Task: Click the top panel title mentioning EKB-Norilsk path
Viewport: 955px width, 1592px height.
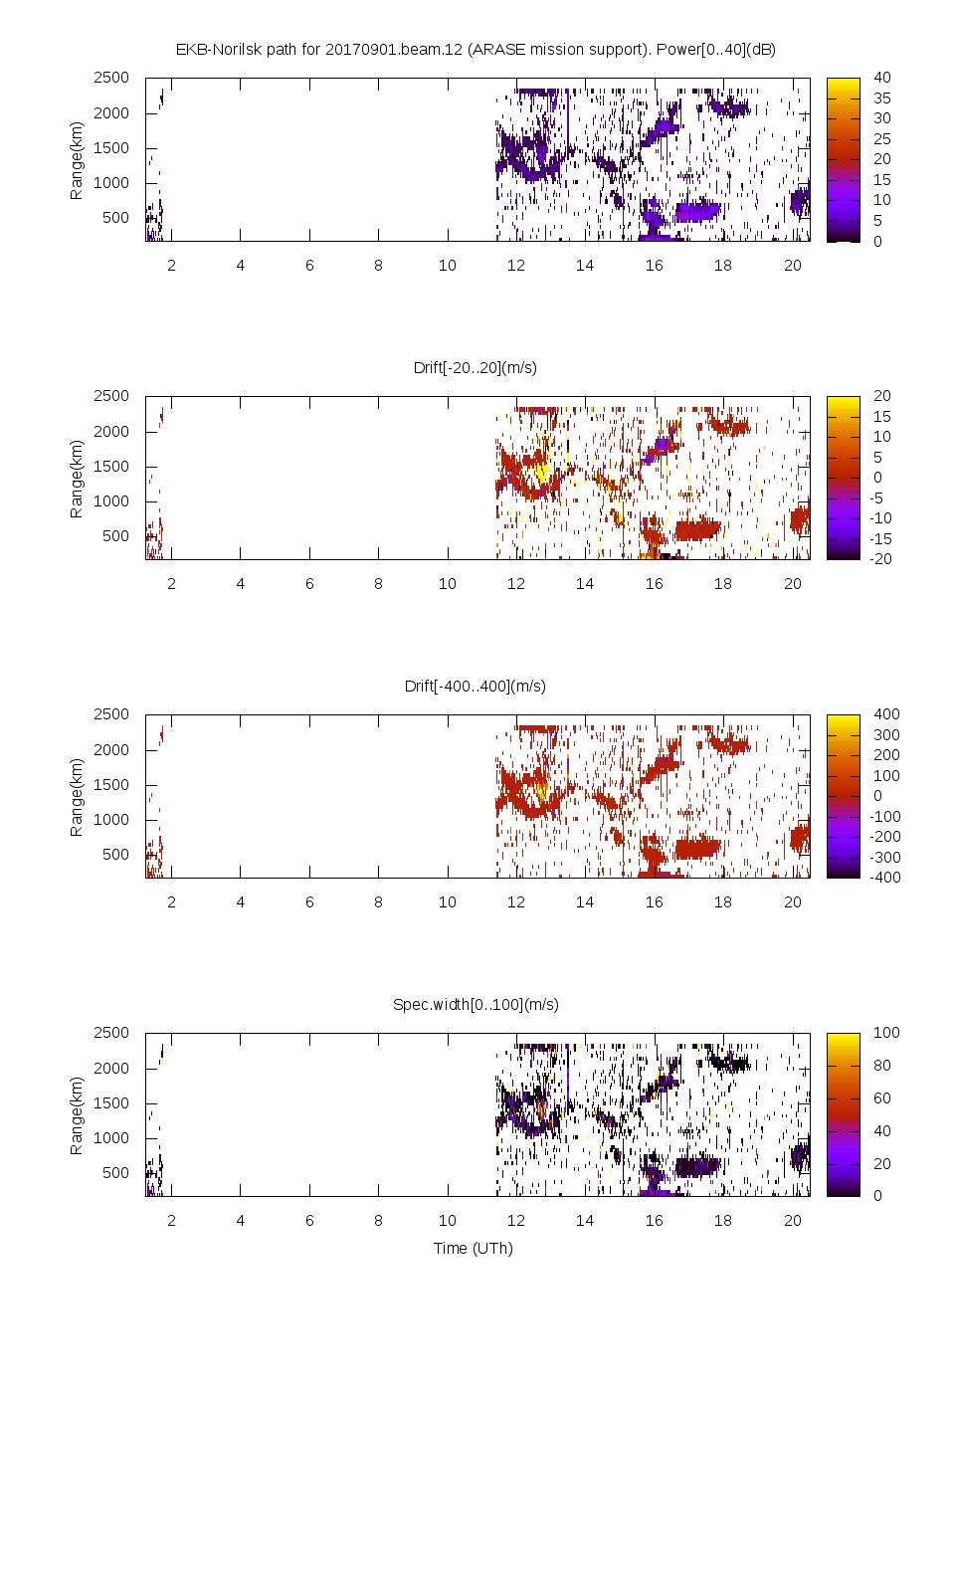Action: pyautogui.click(x=476, y=49)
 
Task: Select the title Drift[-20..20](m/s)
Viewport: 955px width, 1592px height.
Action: pyautogui.click(x=476, y=367)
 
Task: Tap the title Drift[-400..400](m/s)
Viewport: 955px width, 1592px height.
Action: pyautogui.click(x=476, y=686)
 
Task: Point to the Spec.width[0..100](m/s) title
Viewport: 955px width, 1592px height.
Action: pyautogui.click(x=476, y=1004)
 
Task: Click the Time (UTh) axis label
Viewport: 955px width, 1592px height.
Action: pyautogui.click(x=473, y=1248)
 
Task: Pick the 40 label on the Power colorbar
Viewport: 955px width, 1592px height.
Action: pyautogui.click(x=881, y=78)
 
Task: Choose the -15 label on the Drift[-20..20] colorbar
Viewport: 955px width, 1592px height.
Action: pyautogui.click(x=881, y=538)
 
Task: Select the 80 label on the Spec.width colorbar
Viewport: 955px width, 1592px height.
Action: pyautogui.click(x=881, y=1065)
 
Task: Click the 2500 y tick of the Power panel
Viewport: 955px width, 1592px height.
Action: pyautogui.click(x=111, y=78)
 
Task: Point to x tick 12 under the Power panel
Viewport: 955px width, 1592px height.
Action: pyautogui.click(x=515, y=265)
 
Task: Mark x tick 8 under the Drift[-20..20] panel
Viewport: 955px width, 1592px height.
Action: pyautogui.click(x=378, y=583)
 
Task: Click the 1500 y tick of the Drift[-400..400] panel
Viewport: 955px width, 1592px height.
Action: pyautogui.click(x=111, y=784)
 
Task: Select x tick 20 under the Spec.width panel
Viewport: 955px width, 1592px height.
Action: pyautogui.click(x=792, y=1220)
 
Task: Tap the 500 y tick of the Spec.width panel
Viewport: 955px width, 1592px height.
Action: pyautogui.click(x=115, y=1172)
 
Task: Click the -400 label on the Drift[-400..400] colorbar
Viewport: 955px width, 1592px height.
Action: pyautogui.click(x=885, y=878)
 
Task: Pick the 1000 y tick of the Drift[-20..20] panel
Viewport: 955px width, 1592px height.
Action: pyautogui.click(x=111, y=500)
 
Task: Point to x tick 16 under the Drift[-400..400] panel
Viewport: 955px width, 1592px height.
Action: pyautogui.click(x=654, y=901)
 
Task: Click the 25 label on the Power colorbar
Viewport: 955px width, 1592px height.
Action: pyautogui.click(x=881, y=138)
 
